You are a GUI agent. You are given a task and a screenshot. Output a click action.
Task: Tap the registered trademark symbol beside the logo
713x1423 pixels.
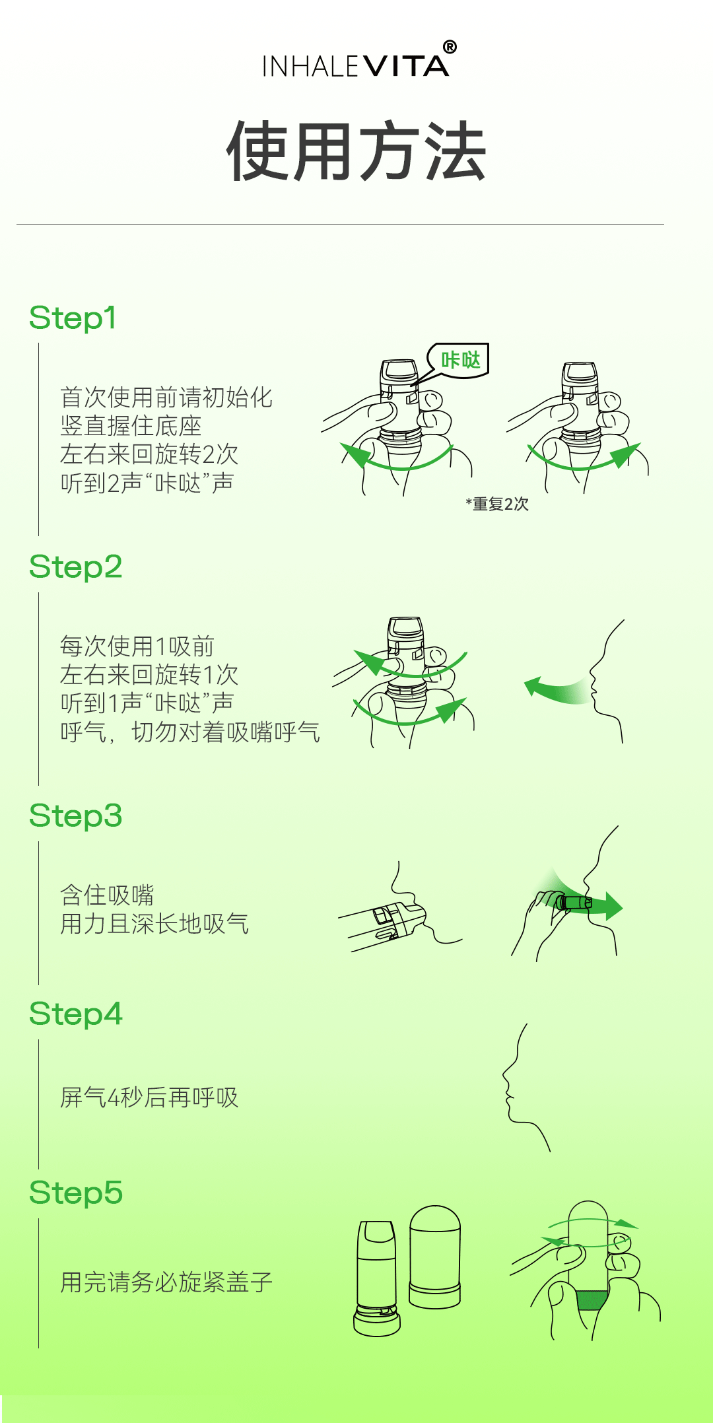[450, 47]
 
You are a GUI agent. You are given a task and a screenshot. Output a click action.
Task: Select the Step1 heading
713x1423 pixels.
[73, 318]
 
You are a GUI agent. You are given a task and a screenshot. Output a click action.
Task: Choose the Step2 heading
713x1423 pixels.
[76, 567]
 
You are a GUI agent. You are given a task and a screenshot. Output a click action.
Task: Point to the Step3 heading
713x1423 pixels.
[76, 816]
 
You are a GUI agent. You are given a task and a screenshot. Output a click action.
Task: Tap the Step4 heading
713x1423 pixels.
[76, 1014]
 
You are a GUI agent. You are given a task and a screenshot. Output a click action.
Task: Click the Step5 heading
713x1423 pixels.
[76, 1193]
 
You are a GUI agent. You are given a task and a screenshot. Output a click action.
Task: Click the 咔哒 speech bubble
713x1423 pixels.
[458, 361]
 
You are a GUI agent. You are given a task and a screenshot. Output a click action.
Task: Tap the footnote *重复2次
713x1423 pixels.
[497, 504]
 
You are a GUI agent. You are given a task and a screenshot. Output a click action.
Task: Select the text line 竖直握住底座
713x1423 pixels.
[131, 426]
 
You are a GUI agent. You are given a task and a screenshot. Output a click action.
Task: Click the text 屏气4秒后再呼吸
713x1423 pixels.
[149, 1097]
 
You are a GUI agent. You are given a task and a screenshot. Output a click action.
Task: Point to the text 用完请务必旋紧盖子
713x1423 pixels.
[166, 1282]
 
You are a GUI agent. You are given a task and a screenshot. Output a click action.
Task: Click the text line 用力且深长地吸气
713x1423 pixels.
[154, 924]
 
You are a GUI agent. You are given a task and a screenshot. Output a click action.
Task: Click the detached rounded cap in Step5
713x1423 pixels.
[434, 1257]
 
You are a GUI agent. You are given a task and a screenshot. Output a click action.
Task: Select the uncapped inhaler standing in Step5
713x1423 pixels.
[377, 1278]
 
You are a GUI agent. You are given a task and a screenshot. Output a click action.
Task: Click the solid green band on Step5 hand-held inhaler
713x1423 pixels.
[592, 1300]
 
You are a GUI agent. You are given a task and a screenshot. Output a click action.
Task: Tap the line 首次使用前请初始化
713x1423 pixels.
[166, 398]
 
